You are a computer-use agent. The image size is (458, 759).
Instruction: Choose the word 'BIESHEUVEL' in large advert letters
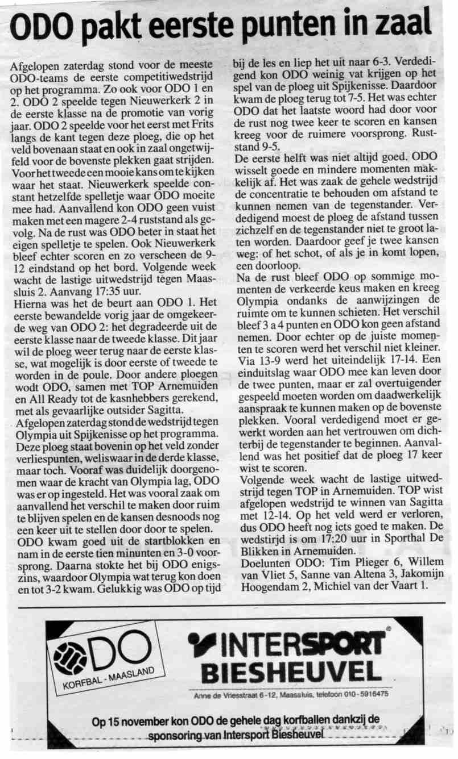click(x=291, y=673)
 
